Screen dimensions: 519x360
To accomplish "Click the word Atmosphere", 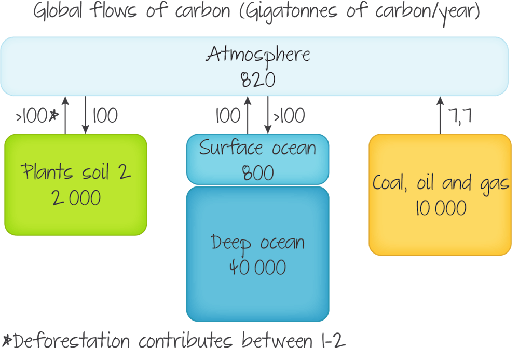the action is pyautogui.click(x=258, y=55).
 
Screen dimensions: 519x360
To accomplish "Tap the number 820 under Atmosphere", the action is pyautogui.click(x=257, y=79).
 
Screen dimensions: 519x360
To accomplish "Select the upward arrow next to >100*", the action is pyautogui.click(x=65, y=115).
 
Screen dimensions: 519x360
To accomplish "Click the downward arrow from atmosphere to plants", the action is pyautogui.click(x=86, y=115).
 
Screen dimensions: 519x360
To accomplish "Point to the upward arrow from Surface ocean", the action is pyautogui.click(x=248, y=115).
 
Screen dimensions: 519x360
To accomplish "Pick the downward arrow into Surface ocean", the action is pyautogui.click(x=268, y=115).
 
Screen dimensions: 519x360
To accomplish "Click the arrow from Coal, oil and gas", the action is pyautogui.click(x=440, y=115).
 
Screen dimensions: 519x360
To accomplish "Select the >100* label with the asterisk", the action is pyautogui.click(x=36, y=116).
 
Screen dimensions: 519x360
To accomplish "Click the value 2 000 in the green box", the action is pyautogui.click(x=76, y=197).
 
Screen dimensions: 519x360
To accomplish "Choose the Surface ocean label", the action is pyautogui.click(x=257, y=148).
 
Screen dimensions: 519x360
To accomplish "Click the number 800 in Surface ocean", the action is pyautogui.click(x=257, y=172).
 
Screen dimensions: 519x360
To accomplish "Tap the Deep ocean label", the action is pyautogui.click(x=257, y=243).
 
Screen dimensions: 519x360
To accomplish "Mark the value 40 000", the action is pyautogui.click(x=257, y=268).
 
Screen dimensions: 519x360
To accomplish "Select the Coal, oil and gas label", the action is pyautogui.click(x=441, y=183).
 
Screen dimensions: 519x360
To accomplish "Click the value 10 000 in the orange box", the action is pyautogui.click(x=441, y=208).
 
